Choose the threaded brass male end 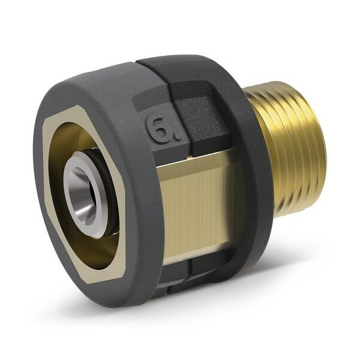(x=294, y=150)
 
